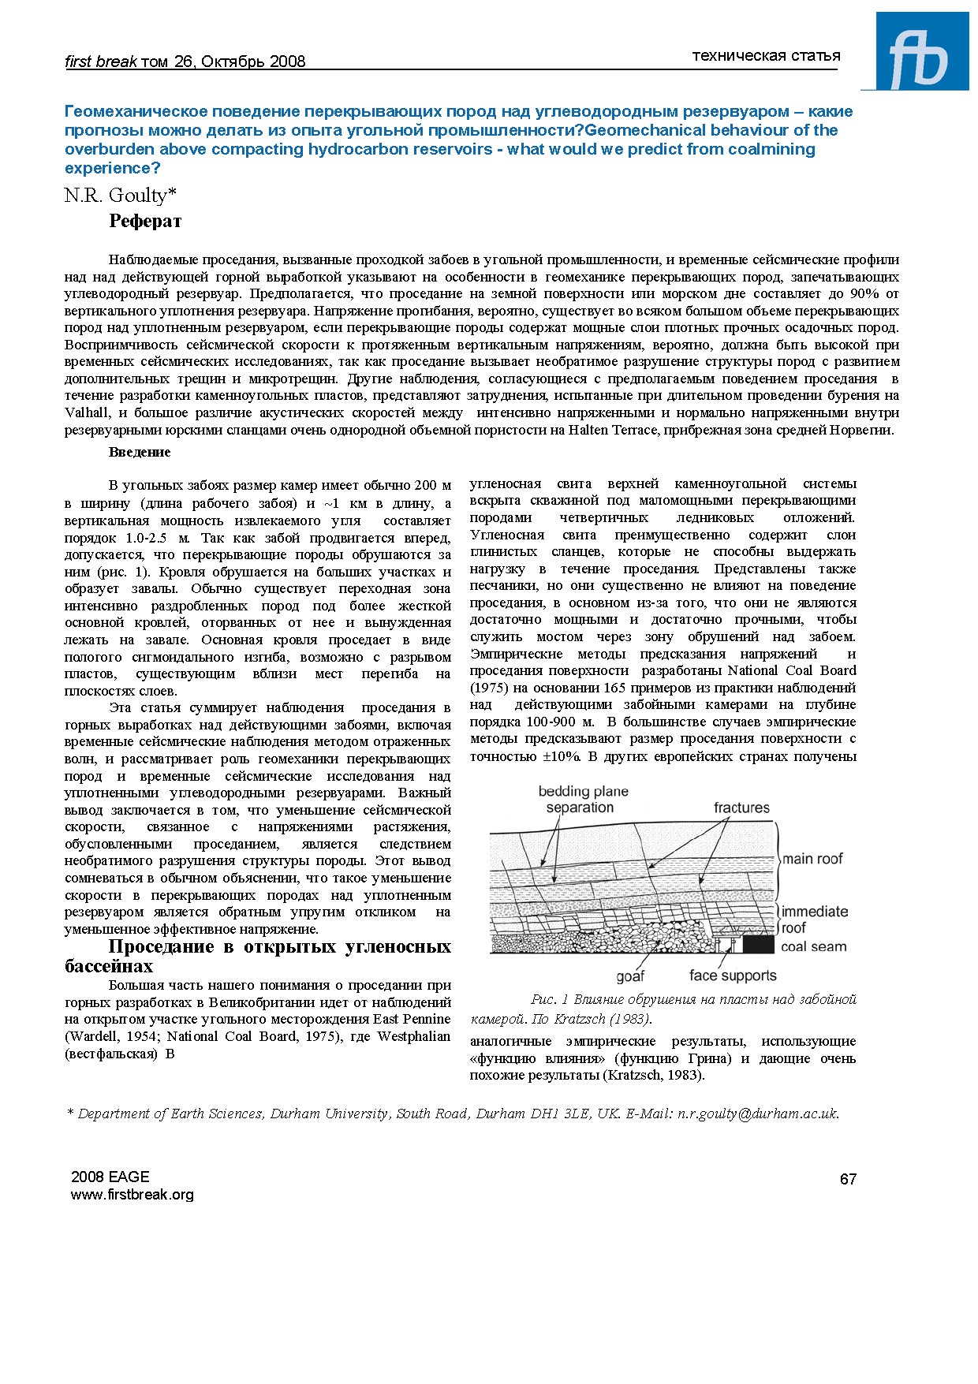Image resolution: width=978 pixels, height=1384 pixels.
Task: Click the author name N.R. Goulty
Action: pyautogui.click(x=120, y=196)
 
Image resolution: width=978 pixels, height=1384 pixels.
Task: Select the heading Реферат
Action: pyautogui.click(x=145, y=222)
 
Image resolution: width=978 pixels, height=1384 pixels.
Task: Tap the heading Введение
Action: pyautogui.click(x=140, y=452)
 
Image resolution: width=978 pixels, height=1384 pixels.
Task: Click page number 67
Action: pyautogui.click(x=848, y=1179)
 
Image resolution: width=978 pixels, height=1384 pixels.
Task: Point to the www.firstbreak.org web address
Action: pyautogui.click(x=132, y=1195)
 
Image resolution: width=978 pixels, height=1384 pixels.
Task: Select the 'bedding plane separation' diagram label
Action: pyautogui.click(x=583, y=800)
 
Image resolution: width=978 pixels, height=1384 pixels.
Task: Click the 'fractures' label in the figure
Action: pyautogui.click(x=741, y=808)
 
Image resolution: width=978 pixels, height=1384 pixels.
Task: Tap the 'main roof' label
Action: pyautogui.click(x=812, y=859)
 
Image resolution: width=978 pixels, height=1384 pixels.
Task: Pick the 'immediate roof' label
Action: pyautogui.click(x=814, y=920)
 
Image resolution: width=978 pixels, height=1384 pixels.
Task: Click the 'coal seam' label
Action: pyautogui.click(x=813, y=946)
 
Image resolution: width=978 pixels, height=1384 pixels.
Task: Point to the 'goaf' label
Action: pyautogui.click(x=630, y=976)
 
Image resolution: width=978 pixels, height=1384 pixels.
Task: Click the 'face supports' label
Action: pyautogui.click(x=733, y=976)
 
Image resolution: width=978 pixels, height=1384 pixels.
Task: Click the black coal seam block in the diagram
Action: pyautogui.click(x=758, y=944)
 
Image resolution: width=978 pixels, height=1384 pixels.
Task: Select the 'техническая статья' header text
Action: pyautogui.click(x=766, y=55)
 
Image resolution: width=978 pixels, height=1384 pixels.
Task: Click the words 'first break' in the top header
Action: pyautogui.click(x=100, y=62)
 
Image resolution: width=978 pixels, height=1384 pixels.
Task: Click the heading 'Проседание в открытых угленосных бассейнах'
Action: pyautogui.click(x=258, y=956)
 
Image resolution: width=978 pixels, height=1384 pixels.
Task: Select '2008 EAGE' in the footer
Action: pyautogui.click(x=110, y=1177)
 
